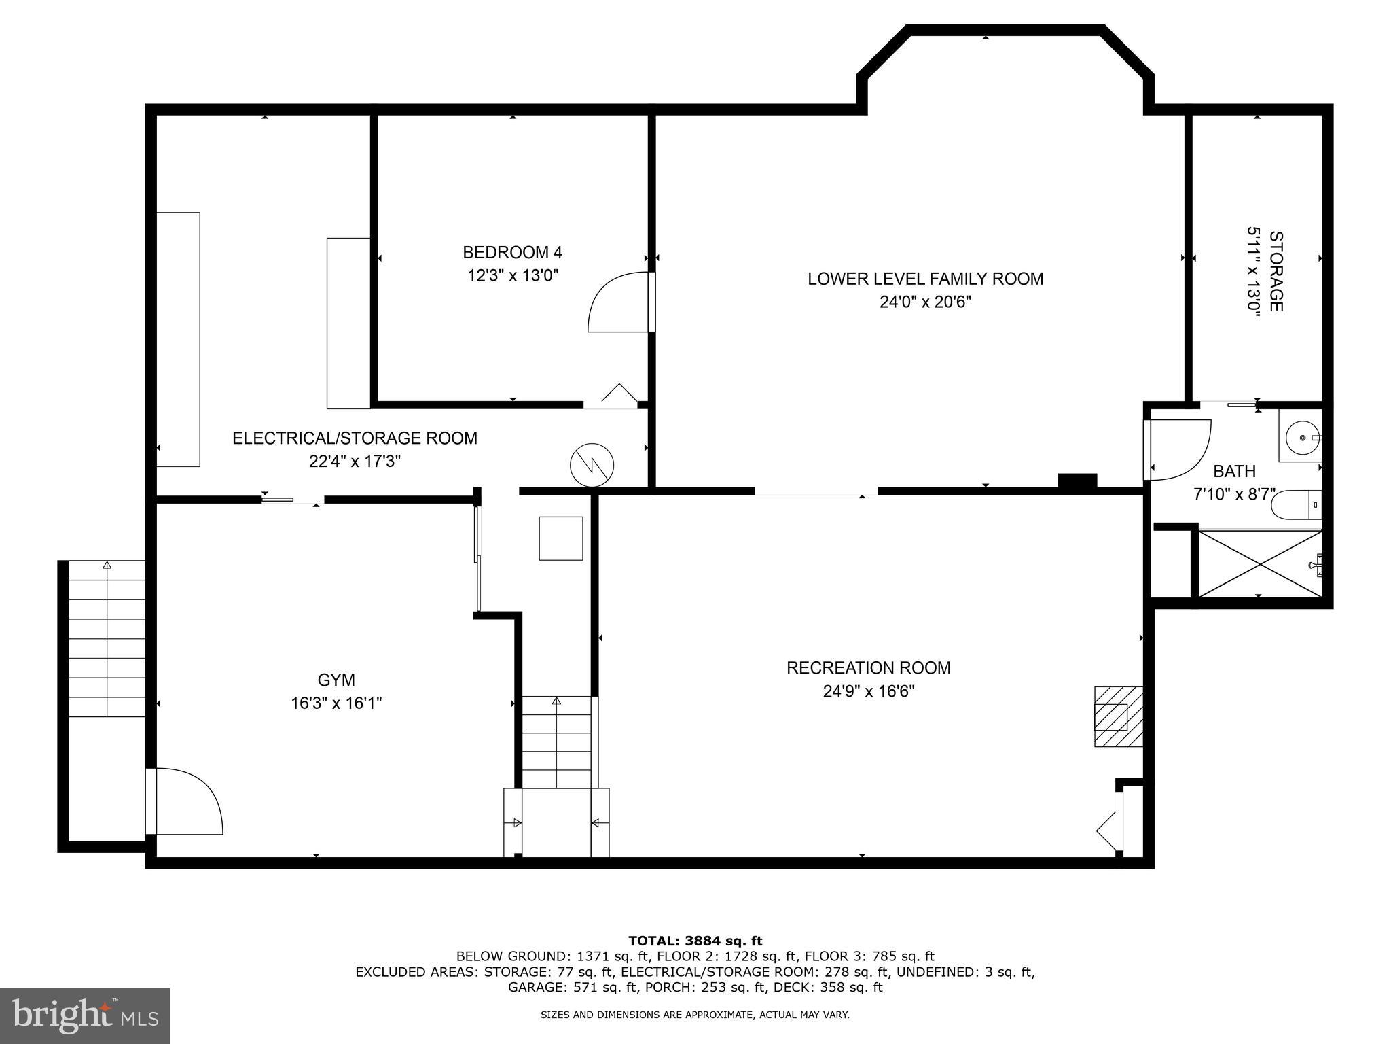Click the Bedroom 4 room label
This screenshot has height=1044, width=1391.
tap(512, 253)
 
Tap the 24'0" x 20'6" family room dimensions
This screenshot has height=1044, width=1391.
tap(925, 302)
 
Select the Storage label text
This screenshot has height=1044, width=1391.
tap(1276, 271)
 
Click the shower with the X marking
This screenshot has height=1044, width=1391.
tap(1260, 564)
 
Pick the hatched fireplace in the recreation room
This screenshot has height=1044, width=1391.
tap(1117, 716)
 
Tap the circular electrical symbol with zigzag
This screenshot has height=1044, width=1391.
tap(592, 465)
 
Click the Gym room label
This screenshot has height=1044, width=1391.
tap(336, 680)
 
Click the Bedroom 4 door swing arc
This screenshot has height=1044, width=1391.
tap(615, 302)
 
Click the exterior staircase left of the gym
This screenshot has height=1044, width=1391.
tap(107, 639)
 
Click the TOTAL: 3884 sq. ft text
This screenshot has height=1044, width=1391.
tap(695, 941)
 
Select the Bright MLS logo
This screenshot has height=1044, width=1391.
tap(85, 1015)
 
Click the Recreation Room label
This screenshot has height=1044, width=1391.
tap(868, 667)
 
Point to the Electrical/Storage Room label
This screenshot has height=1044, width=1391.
tap(355, 438)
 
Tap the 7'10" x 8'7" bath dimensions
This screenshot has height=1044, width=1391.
tap(1234, 494)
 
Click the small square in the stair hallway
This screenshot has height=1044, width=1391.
tap(561, 538)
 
